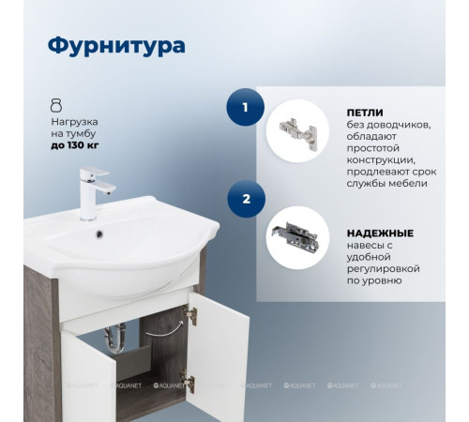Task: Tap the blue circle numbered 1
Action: tap(245, 108)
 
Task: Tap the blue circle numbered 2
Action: tap(245, 200)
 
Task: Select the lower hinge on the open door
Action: tap(188, 381)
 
